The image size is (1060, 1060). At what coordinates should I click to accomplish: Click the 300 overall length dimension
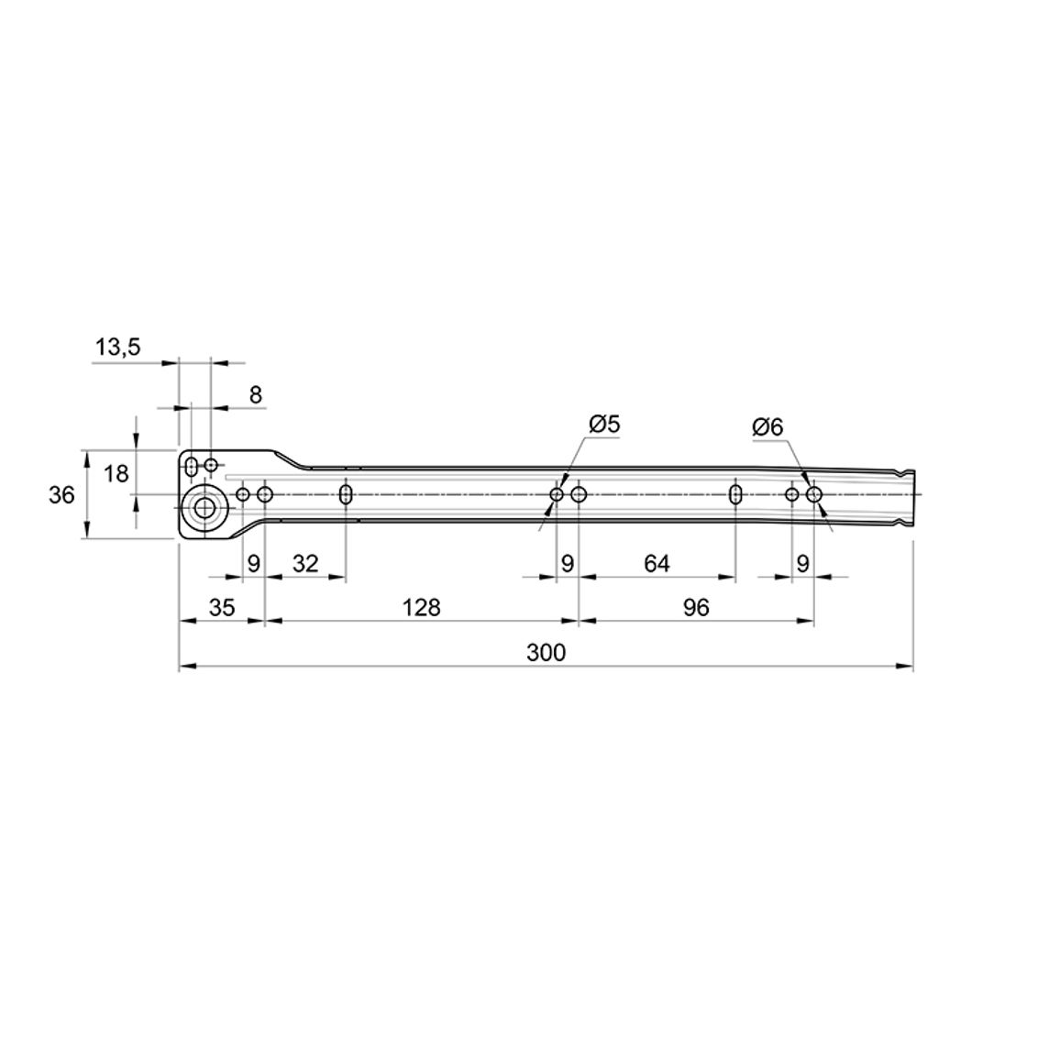point(546,653)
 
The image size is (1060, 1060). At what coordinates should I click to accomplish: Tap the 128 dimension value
point(421,608)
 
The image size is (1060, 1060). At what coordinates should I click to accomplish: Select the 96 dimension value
point(696,608)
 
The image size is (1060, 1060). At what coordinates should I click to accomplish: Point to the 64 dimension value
point(657,563)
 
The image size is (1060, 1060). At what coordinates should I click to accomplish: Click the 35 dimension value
point(222,608)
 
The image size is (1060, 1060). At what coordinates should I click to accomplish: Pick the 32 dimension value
point(304,563)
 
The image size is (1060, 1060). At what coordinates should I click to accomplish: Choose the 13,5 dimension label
point(117,348)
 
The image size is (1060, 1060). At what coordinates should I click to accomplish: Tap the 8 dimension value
point(256,395)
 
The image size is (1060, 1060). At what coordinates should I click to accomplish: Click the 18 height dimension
point(116,474)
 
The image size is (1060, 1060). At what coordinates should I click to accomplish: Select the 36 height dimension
point(61,495)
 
